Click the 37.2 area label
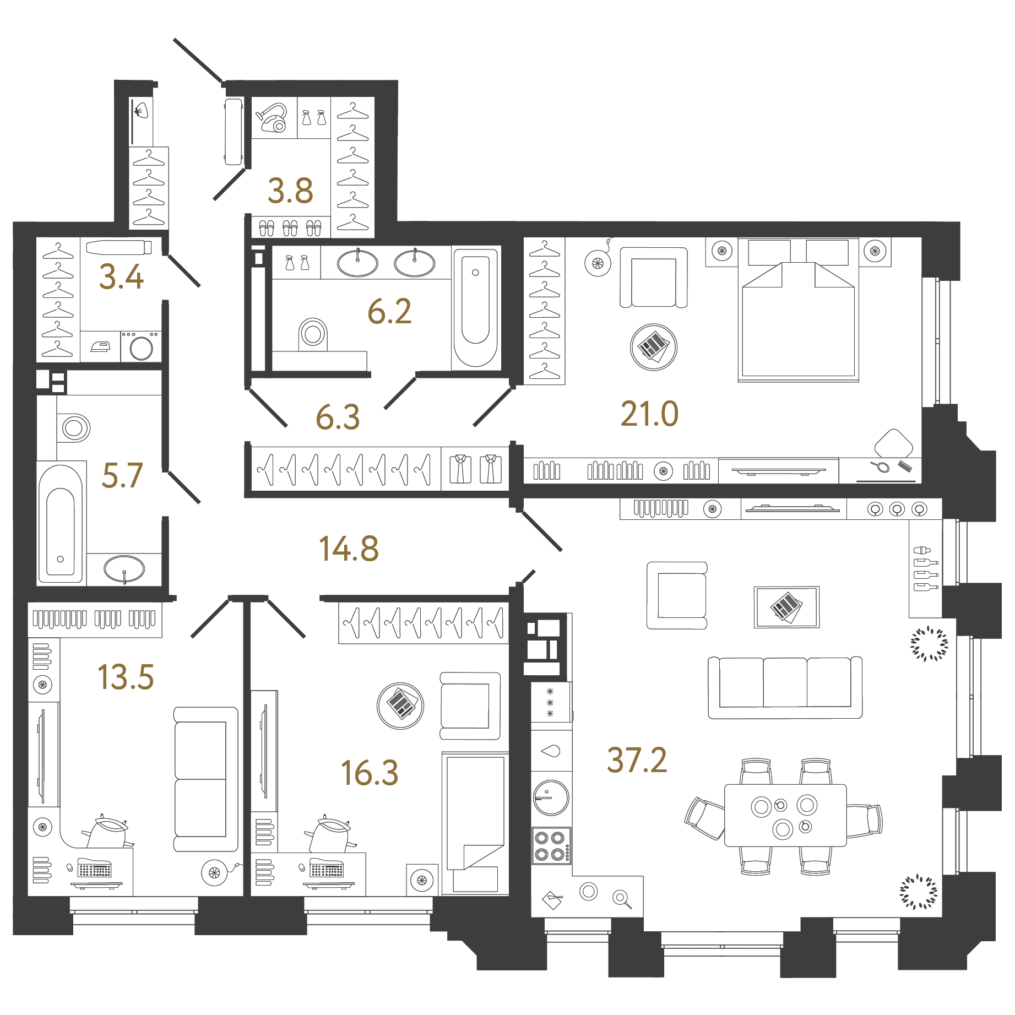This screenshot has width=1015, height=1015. [637, 761]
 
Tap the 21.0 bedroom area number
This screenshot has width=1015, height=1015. [649, 414]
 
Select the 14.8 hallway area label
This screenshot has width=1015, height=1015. [349, 549]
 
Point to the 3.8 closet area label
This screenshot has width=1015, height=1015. [290, 191]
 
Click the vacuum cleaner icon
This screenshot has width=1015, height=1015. [272, 118]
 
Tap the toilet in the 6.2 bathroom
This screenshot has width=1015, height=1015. [313, 334]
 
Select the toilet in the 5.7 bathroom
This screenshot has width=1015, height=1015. [74, 428]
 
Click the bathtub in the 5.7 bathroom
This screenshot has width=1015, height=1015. [61, 523]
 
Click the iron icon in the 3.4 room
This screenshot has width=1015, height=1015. [100, 346]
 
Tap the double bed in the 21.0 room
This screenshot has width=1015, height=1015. [798, 310]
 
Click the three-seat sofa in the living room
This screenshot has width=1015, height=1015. [785, 687]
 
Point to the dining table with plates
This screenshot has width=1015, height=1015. [785, 815]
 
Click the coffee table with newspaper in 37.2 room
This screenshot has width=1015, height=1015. [786, 607]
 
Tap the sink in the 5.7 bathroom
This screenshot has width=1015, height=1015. [124, 569]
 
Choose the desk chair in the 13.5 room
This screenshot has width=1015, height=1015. [107, 832]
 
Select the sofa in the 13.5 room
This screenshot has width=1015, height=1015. [206, 779]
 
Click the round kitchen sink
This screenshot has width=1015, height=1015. [551, 797]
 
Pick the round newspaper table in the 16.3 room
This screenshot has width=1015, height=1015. [400, 705]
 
